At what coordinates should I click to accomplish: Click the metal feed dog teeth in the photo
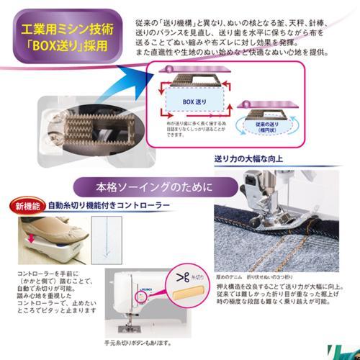tap(85, 125)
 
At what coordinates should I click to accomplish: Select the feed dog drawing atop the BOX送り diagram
tap(189, 75)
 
